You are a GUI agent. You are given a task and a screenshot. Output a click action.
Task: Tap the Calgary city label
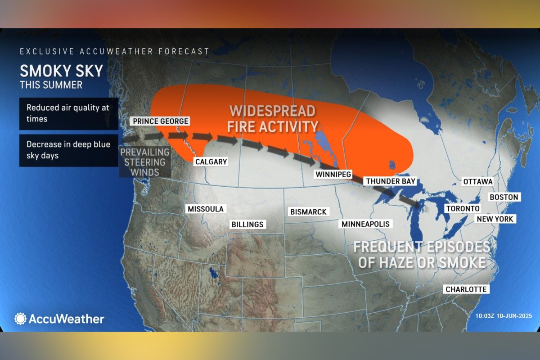tap(211, 162)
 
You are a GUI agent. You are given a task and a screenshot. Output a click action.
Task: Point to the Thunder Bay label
tap(390, 181)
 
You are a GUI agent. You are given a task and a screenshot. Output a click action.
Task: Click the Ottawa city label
tap(478, 181)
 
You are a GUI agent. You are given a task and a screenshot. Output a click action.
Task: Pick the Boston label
tap(504, 197)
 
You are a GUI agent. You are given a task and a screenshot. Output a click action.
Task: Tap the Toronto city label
tap(463, 209)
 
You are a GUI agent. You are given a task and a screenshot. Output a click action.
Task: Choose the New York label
tap(495, 219)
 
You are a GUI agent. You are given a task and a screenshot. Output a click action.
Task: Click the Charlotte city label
tap(466, 289)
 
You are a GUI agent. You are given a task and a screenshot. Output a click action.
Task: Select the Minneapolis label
tap(365, 224)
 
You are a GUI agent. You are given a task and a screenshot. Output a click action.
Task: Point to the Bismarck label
tap(308, 211)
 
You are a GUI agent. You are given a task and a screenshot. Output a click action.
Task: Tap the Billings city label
tap(247, 224)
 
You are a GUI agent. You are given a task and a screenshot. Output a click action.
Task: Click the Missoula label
tap(205, 209)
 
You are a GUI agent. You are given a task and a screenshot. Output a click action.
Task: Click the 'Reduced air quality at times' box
tap(68, 113)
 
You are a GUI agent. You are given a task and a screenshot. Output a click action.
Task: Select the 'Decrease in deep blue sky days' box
tap(68, 150)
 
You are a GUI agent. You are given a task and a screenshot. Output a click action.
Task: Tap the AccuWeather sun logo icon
tap(21, 319)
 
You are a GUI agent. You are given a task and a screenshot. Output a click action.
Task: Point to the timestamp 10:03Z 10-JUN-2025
tap(503, 315)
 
